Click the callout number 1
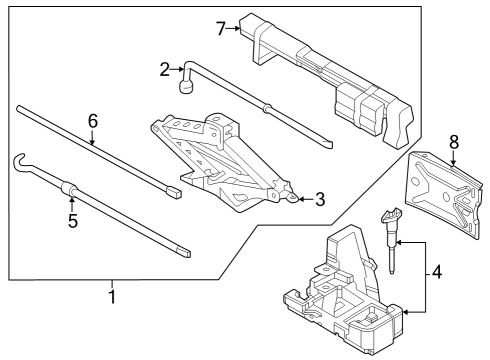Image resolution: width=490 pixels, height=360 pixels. click(112, 297)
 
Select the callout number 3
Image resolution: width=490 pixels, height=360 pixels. click(318, 199)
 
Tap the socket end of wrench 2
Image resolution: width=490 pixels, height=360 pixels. click(185, 89)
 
